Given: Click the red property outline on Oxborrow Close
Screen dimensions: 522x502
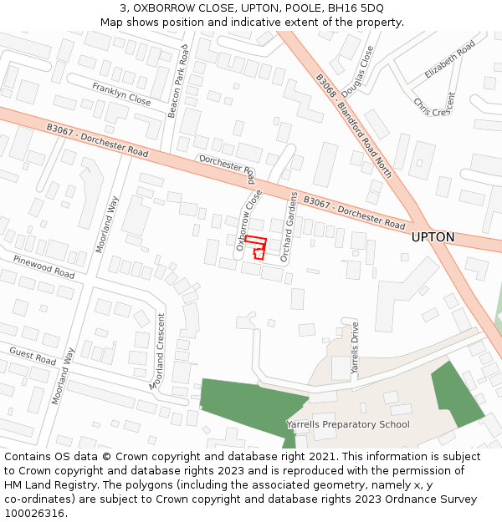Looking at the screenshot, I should pos(256,247).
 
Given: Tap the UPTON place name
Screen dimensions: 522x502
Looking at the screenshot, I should pos(433,237).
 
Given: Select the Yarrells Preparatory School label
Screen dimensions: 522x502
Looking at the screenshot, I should pos(348,424).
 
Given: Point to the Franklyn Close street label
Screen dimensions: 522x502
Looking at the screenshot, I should pos(121,94).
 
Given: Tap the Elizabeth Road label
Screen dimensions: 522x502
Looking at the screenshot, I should pos(449,58).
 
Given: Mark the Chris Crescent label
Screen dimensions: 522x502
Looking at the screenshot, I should pos(434,105).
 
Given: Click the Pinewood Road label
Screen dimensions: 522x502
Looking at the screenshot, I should pos(44,267).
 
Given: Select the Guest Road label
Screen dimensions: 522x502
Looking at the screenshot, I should pos(33,357).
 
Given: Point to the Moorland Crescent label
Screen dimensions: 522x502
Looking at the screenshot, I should pos(157,350).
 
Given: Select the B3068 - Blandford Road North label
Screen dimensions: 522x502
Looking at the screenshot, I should pos(353,126).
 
